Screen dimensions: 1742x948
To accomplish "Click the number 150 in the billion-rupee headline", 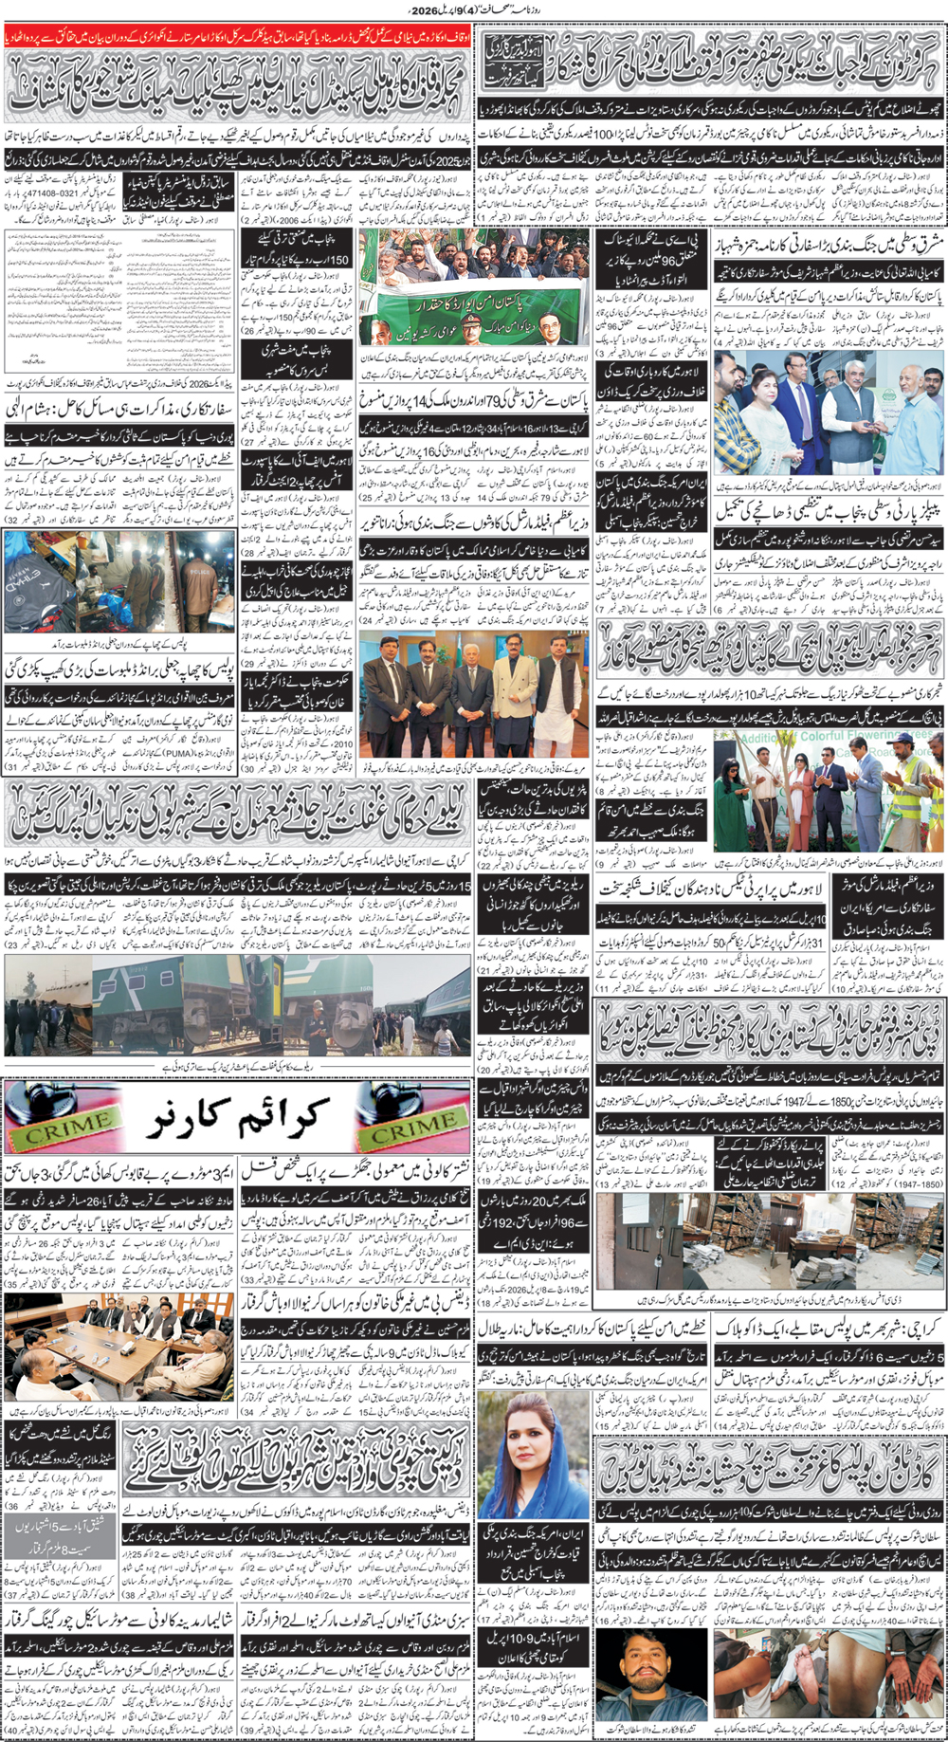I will pos(337,259).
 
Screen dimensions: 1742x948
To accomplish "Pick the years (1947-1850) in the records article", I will pos(918,1184).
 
